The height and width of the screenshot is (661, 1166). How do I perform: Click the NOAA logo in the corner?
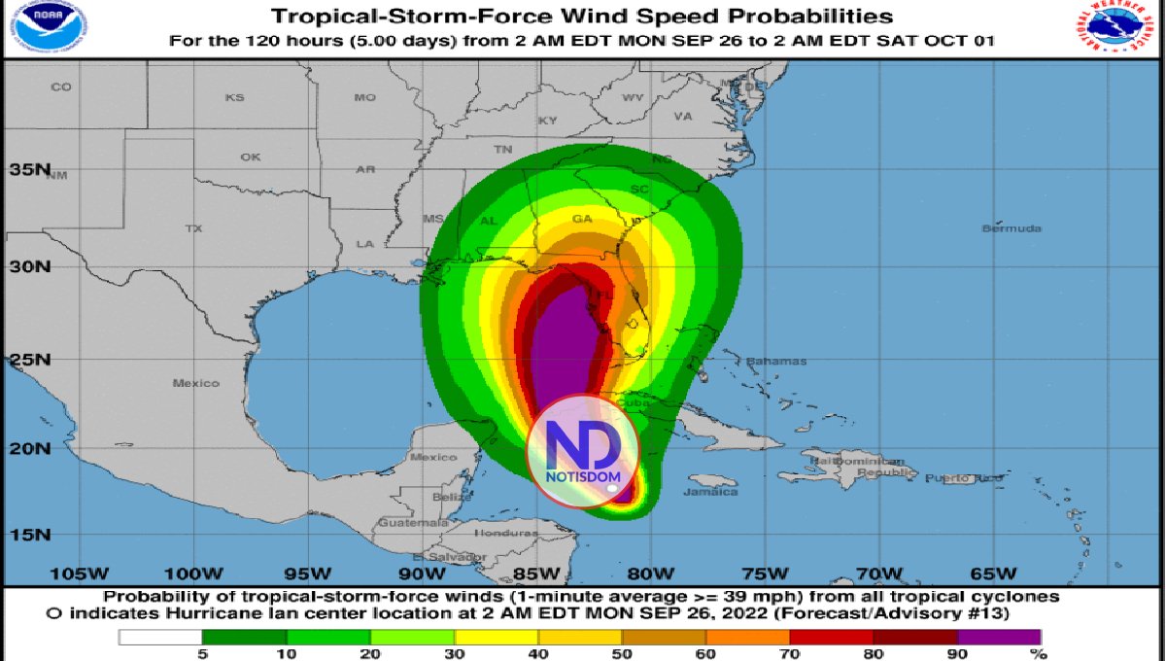43,28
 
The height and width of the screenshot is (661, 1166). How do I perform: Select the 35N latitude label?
30,169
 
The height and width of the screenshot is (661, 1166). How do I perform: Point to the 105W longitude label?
80,572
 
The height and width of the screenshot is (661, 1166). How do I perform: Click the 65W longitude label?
992,572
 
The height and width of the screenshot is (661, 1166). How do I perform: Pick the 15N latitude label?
30,535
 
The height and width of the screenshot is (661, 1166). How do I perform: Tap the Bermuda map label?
1011,228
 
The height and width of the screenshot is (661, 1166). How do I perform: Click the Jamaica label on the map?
710,492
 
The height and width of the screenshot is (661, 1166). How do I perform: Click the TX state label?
193,228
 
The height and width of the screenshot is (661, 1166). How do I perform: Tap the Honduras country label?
505,534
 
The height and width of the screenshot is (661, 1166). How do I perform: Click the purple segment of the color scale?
999,638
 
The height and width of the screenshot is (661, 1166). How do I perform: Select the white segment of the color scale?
160,638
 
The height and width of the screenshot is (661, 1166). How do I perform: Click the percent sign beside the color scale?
1043,654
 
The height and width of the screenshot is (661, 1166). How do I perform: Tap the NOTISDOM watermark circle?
583,451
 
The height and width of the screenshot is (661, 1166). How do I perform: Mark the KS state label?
234,97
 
